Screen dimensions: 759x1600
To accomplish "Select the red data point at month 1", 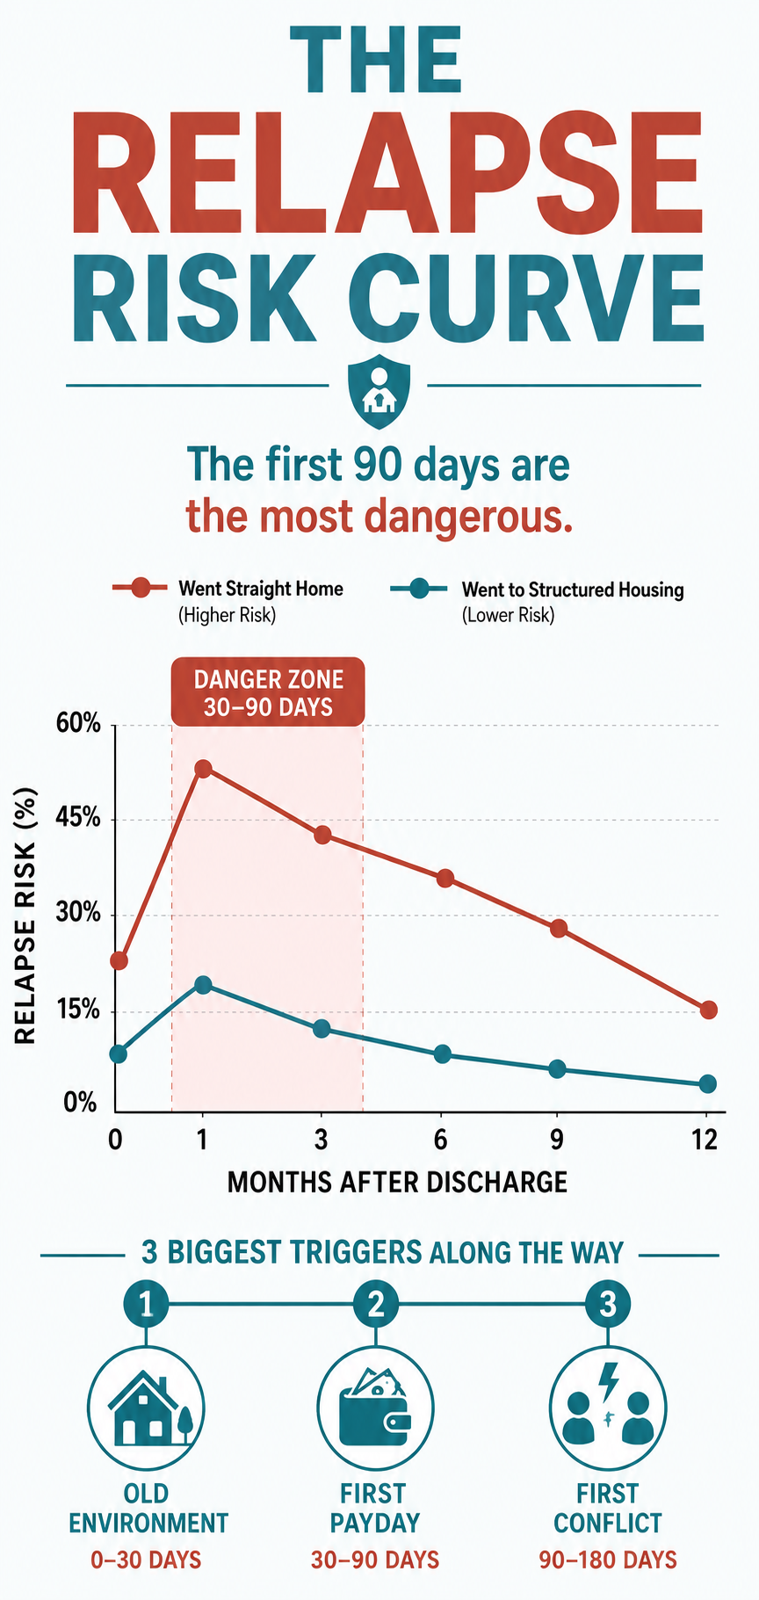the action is point(203,769).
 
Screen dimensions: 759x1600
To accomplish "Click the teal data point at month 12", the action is point(707,1084).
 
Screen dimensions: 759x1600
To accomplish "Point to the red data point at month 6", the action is point(445,879).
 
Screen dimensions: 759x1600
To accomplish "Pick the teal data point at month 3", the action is point(322,1029).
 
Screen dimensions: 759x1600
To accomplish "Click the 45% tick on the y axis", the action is point(80,820).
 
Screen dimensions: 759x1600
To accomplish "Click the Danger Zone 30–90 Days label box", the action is point(268,692).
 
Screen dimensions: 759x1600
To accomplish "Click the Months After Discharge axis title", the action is point(397,1183).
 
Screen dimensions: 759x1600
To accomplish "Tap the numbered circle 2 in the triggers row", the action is point(376,1305).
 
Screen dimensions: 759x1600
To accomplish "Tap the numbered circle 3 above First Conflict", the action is point(608,1305).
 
